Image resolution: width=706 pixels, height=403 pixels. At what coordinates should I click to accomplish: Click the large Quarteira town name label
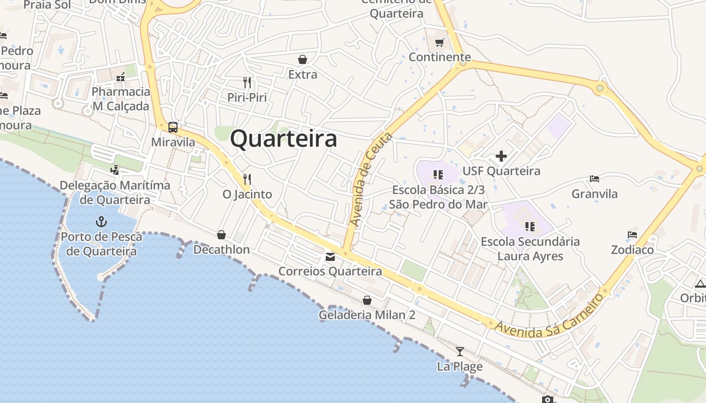coord(283,139)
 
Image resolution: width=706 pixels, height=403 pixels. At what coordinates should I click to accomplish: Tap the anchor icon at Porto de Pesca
coord(101,222)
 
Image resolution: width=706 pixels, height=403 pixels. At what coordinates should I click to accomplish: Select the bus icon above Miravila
coord(173,127)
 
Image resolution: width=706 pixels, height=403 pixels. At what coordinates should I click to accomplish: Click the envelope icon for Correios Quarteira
coord(330,257)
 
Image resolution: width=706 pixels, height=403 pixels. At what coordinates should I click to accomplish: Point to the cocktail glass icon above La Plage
coord(459,351)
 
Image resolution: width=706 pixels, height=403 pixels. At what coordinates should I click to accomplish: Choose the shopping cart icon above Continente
coord(440,42)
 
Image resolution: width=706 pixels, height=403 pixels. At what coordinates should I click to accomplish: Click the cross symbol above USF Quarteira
coord(501,156)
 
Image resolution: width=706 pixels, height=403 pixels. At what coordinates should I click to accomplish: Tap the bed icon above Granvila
coord(595,179)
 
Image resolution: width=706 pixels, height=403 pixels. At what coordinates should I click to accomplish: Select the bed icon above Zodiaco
coord(632,235)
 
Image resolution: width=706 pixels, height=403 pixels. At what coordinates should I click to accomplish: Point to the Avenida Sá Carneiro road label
coord(550,315)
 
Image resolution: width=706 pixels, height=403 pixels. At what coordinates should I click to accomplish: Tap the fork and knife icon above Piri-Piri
coord(247,82)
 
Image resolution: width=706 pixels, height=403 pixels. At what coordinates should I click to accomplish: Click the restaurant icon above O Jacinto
coord(247,179)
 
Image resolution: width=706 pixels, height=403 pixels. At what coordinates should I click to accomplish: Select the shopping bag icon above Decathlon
coord(221,235)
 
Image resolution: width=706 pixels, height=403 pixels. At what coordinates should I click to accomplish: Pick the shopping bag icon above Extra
coord(303,59)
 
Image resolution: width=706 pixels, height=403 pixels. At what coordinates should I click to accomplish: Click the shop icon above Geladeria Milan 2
coord(367,300)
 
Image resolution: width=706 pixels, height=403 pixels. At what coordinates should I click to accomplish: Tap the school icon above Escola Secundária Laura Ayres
coord(529,226)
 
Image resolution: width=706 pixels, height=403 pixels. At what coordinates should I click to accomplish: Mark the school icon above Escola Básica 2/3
coord(438,175)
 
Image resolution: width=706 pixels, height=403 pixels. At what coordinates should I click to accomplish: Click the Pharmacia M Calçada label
coord(121,99)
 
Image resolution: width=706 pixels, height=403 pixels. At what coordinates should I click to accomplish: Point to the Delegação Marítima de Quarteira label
coord(115,192)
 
